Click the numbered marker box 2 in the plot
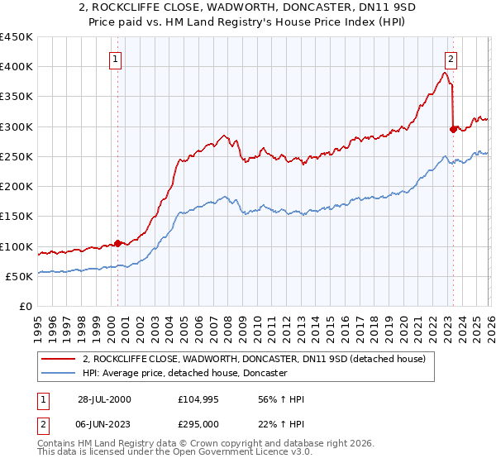coord(451,59)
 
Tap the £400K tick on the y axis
coord(16,67)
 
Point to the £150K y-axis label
coord(16,217)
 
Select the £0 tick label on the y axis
coord(26,307)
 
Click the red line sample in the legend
coord(58,359)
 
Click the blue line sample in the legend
coord(58,374)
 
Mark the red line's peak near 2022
coord(446,73)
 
